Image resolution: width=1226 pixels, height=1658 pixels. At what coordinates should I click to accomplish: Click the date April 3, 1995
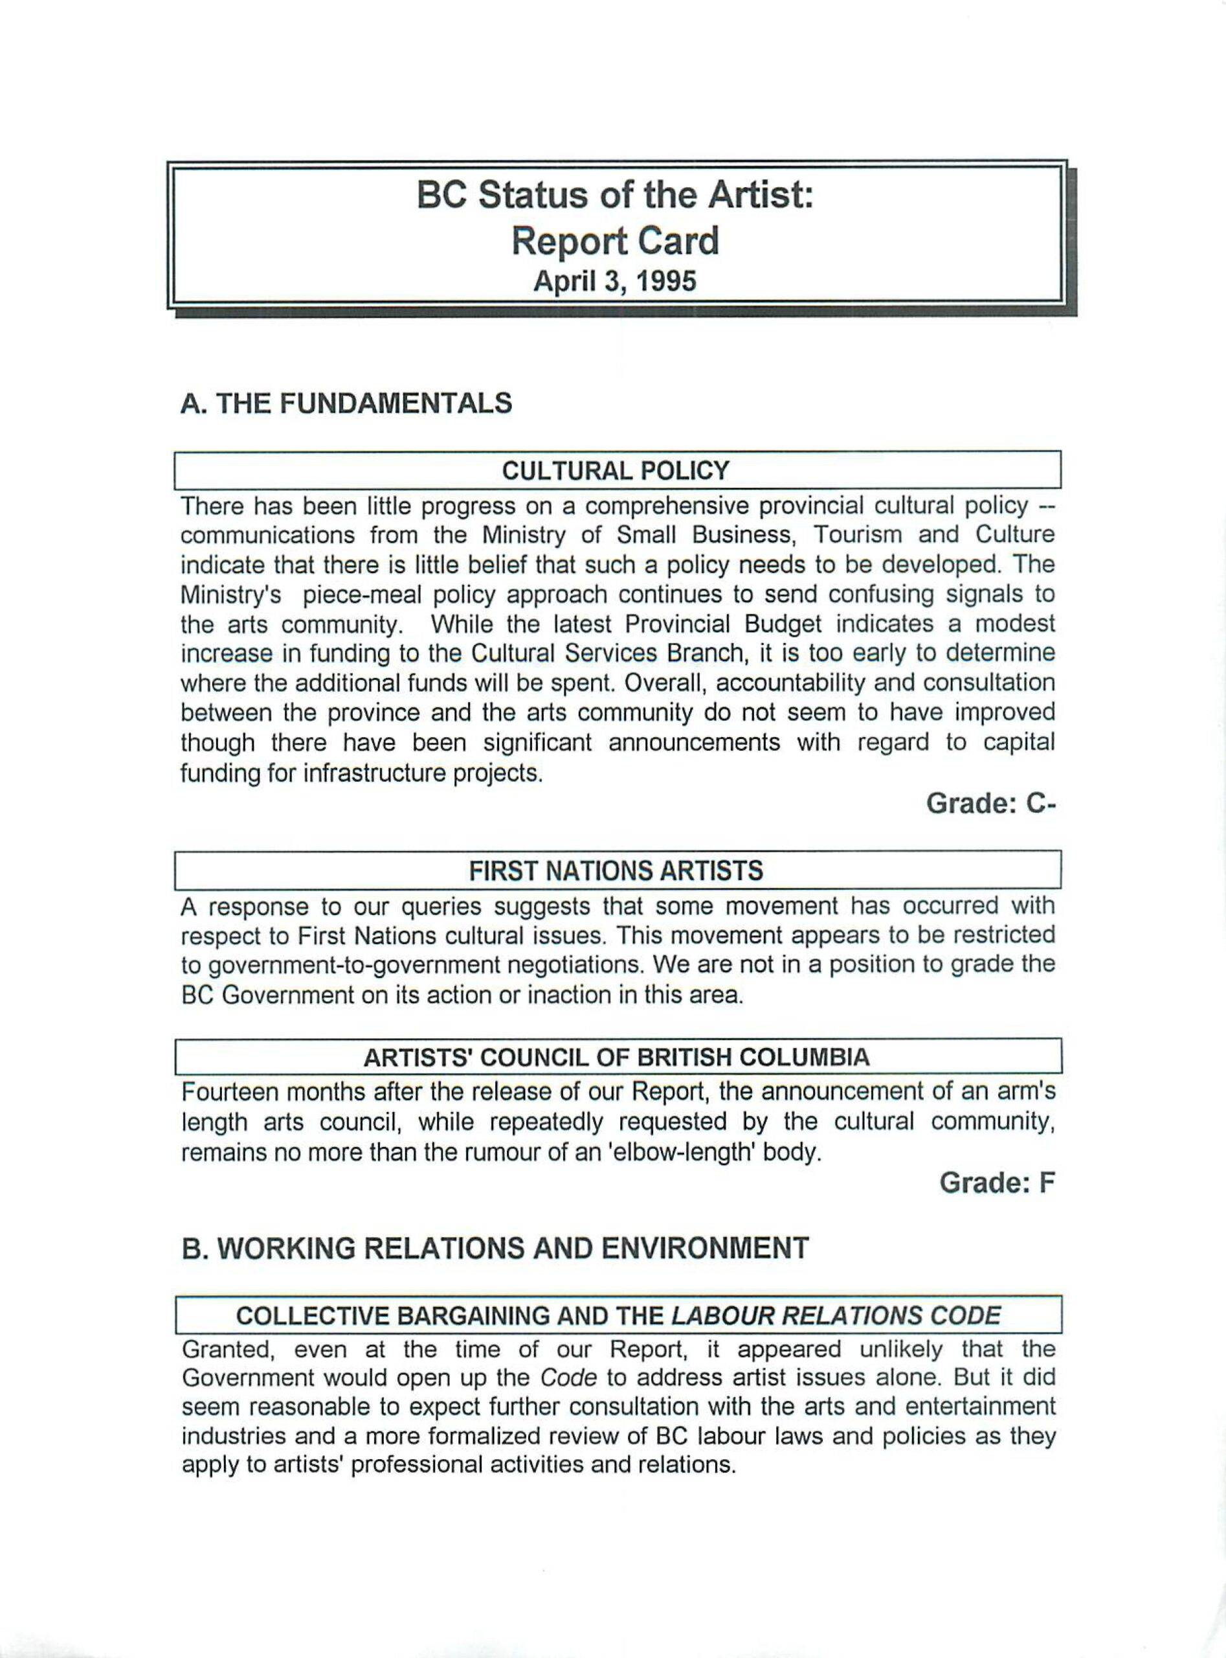click(615, 282)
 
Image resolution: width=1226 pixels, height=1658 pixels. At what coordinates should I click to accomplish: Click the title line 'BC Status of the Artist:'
click(615, 196)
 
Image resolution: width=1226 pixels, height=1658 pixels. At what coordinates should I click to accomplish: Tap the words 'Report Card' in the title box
click(615, 242)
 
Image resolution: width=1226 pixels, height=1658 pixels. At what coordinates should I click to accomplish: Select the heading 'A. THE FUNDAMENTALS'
click(346, 403)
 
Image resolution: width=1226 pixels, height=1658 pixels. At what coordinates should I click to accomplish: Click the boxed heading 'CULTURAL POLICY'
click(616, 471)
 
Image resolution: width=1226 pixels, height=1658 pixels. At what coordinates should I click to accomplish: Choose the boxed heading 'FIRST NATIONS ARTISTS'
click(616, 870)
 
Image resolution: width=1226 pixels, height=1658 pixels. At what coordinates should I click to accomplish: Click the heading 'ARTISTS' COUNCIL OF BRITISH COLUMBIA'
click(616, 1058)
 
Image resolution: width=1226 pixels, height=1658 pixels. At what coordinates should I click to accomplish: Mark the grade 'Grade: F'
click(997, 1183)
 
